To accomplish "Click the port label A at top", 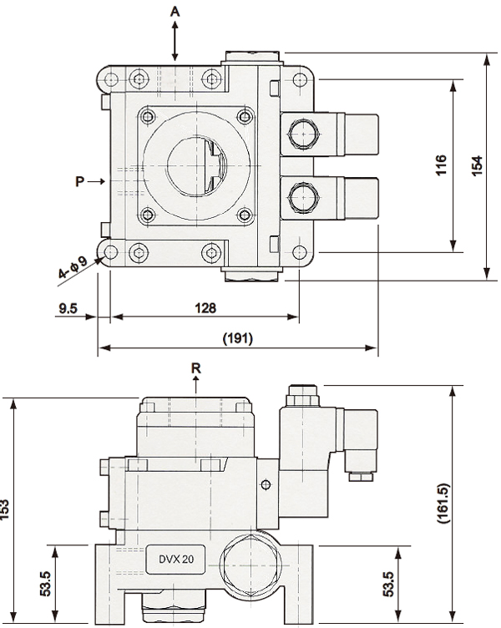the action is pos(175,12).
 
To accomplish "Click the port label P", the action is pos(80,181).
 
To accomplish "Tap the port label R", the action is pos(196,368).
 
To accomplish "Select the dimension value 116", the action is pos(441,165).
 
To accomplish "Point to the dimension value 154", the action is pos(477,165).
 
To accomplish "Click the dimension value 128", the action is pos(205,308).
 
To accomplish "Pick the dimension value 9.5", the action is pos(68,308).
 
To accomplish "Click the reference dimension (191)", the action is pos(238,338).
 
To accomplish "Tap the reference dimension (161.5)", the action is pos(443,504).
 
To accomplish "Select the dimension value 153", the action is pos(4,509).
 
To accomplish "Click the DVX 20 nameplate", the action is pos(176,560).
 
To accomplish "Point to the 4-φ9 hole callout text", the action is pos(73,267).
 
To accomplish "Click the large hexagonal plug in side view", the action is pos(250,565).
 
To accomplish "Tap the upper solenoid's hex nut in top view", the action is pos(304,134).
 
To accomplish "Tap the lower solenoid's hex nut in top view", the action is pos(304,198).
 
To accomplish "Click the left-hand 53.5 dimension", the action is pos(46,584).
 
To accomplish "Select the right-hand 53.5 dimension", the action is pos(388,584).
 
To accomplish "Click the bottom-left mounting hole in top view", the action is pos(110,252).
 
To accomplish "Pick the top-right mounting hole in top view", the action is pos(300,79).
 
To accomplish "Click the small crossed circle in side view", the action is pos(266,485).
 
